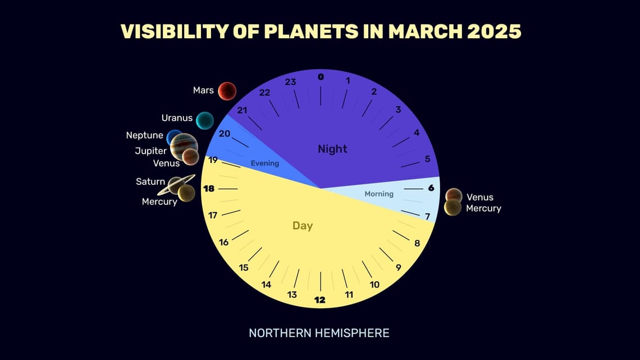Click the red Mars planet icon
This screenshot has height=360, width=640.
click(227, 90)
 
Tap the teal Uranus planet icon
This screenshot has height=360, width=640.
click(205, 120)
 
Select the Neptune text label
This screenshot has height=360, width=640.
click(145, 135)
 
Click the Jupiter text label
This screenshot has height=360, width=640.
click(150, 151)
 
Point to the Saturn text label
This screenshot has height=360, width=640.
click(150, 181)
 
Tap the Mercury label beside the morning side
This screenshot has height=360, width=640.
click(483, 208)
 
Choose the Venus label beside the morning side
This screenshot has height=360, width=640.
click(480, 197)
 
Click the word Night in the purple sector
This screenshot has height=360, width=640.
click(332, 149)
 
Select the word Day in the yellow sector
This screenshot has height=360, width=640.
click(303, 226)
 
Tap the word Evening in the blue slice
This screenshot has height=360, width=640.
click(264, 163)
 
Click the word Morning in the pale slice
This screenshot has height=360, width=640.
click(379, 194)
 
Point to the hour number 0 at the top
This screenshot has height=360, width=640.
click(321, 77)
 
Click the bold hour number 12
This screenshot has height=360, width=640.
click(320, 300)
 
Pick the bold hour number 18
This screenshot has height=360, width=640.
click(209, 189)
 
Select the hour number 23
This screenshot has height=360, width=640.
click(290, 82)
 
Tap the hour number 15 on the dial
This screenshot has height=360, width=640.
click(244, 267)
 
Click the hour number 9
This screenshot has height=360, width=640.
click(398, 267)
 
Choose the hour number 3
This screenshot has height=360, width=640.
click(398, 110)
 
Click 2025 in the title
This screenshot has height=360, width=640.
click(490, 31)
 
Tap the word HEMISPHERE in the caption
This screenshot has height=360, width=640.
click(349, 333)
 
